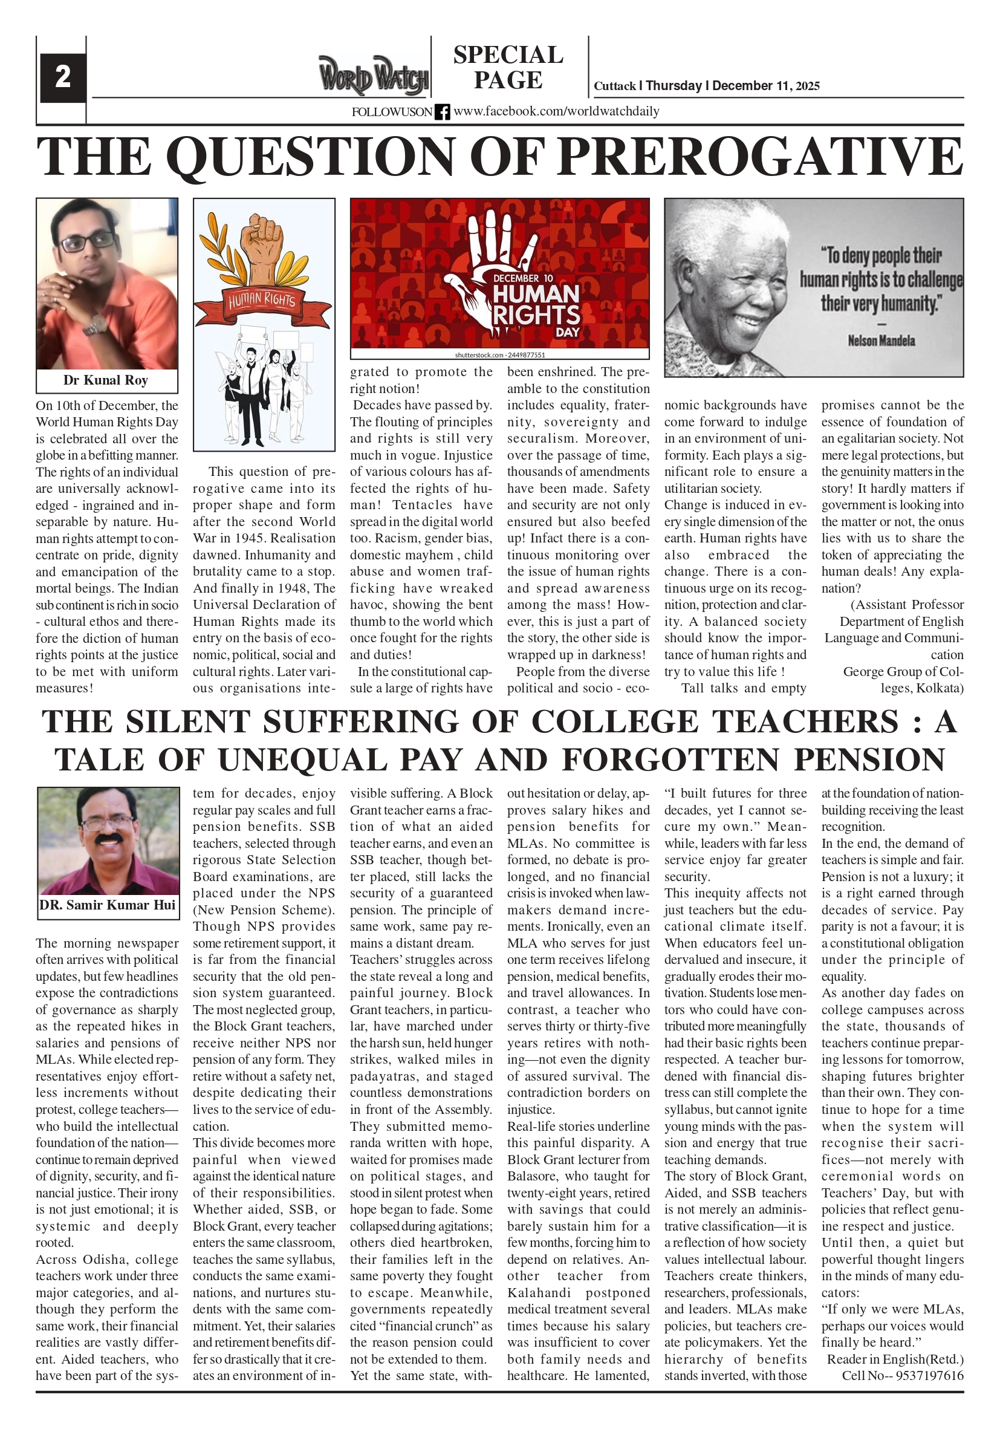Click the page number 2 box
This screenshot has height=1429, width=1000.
63,79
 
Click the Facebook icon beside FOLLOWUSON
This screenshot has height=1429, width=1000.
442,112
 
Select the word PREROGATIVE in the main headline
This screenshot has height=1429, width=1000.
759,156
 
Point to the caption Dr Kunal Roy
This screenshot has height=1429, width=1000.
106,380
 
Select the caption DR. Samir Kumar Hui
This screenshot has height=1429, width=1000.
108,905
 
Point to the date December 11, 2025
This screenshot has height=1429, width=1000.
765,86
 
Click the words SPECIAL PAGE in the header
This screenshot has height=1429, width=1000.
508,67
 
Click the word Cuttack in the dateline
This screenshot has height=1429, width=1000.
615,86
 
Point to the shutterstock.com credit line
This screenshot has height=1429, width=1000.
499,356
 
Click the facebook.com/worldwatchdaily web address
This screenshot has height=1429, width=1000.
556,111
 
